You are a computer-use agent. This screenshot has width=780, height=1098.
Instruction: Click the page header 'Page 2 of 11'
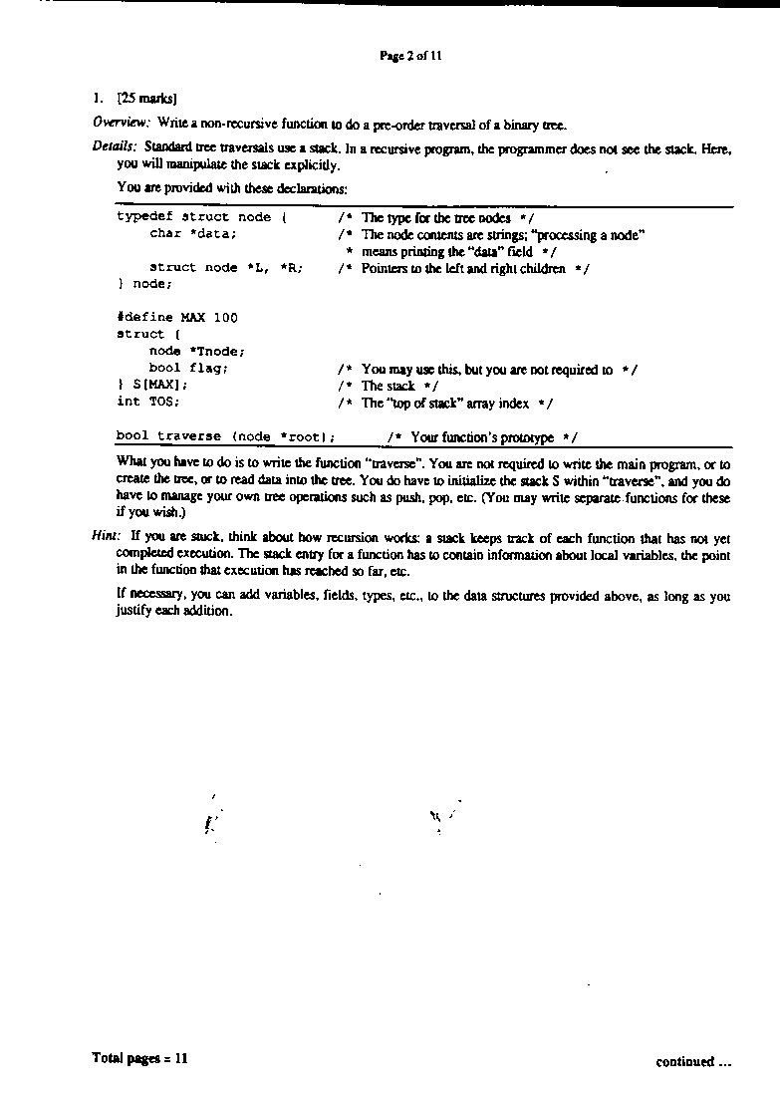tap(410, 56)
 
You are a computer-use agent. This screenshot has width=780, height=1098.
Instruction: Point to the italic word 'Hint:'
tap(107, 535)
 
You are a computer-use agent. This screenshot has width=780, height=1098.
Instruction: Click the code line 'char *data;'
tap(193, 234)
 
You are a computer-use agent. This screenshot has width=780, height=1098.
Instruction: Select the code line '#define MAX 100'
tap(177, 318)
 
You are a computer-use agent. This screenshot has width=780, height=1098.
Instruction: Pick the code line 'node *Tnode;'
tap(197, 351)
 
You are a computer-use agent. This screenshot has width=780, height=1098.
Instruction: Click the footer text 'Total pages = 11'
tap(139, 1058)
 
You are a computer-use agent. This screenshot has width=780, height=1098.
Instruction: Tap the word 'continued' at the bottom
tap(684, 1062)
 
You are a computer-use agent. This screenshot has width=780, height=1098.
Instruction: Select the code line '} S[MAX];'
tap(152, 385)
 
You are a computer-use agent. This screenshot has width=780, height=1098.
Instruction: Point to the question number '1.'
tap(97, 99)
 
